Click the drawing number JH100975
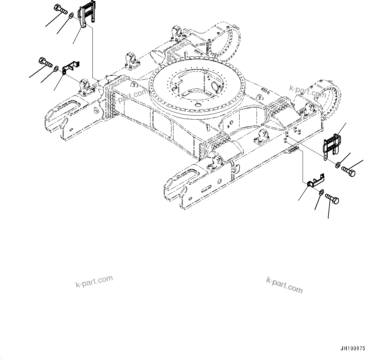click(353, 349)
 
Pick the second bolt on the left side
click(45, 62)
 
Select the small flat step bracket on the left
click(70, 66)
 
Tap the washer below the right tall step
click(338, 164)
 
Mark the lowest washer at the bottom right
click(321, 192)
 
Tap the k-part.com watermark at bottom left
click(94, 282)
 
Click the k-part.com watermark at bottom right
click(284, 285)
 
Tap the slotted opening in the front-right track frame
click(184, 175)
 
